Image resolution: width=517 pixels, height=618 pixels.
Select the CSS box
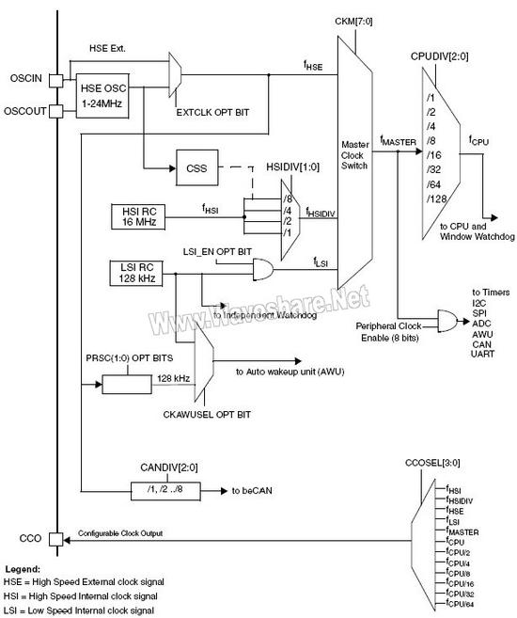[x=195, y=169]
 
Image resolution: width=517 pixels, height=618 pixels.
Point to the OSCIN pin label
[x=26, y=80]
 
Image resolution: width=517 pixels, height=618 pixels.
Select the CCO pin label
[x=31, y=538]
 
